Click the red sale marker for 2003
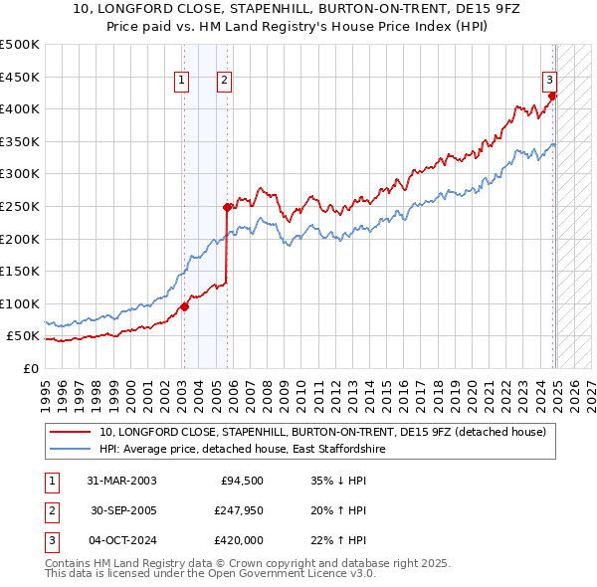click(x=184, y=306)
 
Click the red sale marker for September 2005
click(x=227, y=207)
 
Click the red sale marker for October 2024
click(x=552, y=96)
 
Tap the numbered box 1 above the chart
click(x=183, y=82)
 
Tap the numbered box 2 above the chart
click(x=225, y=82)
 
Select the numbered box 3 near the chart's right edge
click(x=548, y=82)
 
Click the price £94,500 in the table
click(x=241, y=481)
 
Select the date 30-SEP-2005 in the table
click(x=122, y=510)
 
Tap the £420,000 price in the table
click(x=236, y=540)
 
